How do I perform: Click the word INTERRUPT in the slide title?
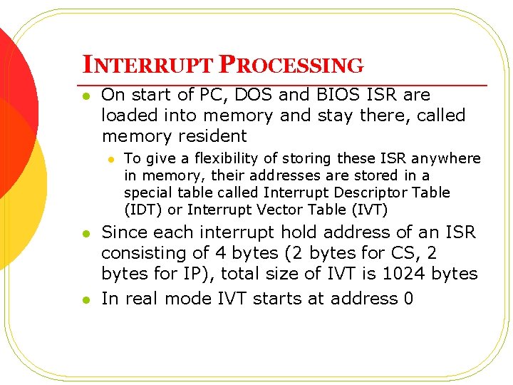(x=147, y=66)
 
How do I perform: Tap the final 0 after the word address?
(x=408, y=299)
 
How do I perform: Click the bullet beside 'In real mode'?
(x=85, y=299)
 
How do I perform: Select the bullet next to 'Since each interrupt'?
(x=85, y=233)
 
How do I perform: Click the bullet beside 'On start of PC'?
(x=85, y=96)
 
